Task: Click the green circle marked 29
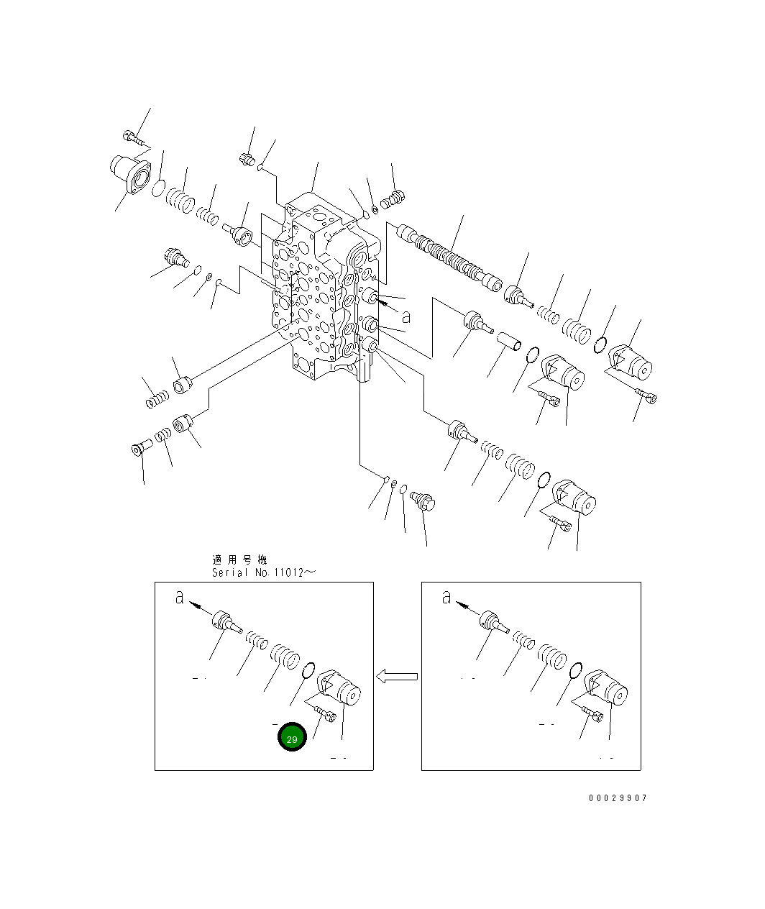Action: tap(293, 738)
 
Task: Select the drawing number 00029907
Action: tap(618, 798)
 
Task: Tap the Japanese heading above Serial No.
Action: tap(239, 559)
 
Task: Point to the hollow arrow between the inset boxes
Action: tap(397, 677)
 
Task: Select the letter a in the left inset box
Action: tap(180, 597)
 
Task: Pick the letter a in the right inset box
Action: tap(446, 597)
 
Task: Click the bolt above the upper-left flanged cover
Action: tap(134, 137)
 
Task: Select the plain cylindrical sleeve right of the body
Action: tap(511, 341)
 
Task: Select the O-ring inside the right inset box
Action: tap(575, 672)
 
